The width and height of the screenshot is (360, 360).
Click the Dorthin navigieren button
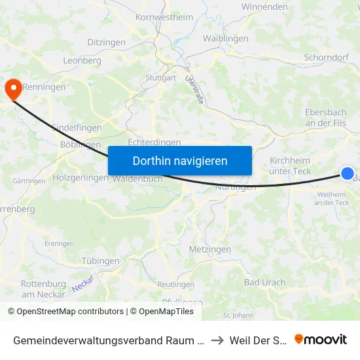180,160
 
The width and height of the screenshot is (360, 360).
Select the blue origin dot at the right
347,173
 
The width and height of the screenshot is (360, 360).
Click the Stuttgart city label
160,78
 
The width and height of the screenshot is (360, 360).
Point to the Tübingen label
101,261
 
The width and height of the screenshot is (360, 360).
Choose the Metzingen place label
209,249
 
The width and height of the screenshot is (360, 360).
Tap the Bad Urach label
264,283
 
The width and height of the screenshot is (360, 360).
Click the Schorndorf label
326,58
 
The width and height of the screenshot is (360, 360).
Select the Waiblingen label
225,39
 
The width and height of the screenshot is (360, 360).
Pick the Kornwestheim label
164,18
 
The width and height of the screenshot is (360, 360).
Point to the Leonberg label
82,60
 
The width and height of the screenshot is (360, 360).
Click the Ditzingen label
107,42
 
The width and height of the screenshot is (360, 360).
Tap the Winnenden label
264,7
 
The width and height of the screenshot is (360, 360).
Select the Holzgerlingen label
79,177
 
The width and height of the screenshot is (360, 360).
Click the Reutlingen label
175,285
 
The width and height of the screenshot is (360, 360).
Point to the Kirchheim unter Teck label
291,166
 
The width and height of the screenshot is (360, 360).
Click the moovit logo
320,339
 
